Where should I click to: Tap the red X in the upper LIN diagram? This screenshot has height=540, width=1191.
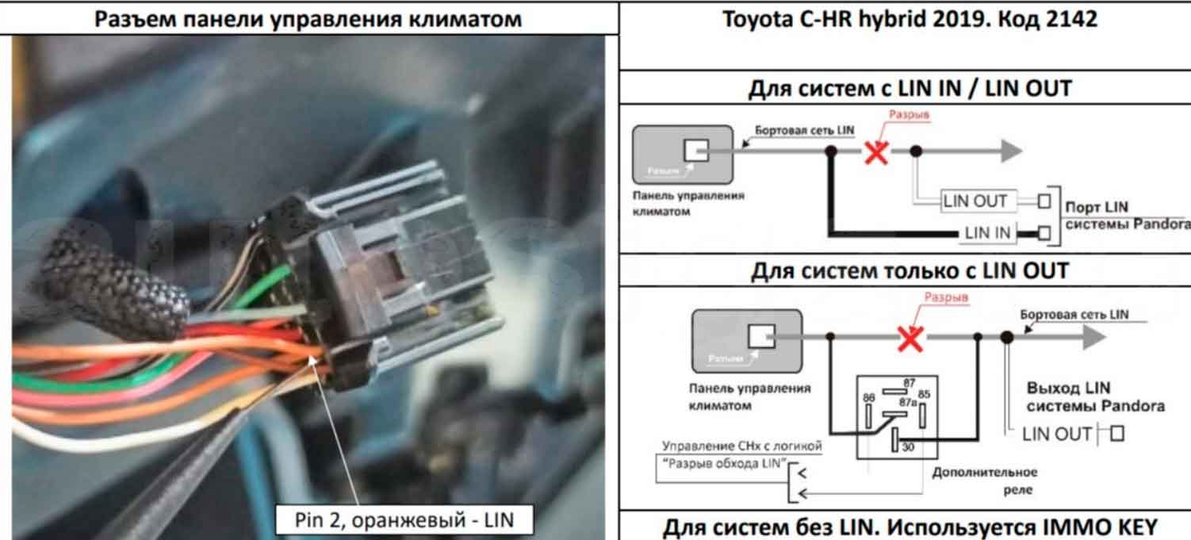pos(875,151)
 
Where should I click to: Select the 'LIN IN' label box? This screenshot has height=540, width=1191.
pos(988,233)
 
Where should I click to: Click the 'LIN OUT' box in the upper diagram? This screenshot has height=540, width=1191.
pos(975,201)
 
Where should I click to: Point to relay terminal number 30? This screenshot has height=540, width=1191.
pos(907,447)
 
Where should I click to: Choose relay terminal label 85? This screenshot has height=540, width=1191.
pos(924,394)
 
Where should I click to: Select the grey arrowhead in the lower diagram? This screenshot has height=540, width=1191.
pos(1093,338)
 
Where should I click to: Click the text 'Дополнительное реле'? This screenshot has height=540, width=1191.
pos(985,481)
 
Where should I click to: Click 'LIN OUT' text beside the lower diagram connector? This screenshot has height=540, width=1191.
pos(1057,435)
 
